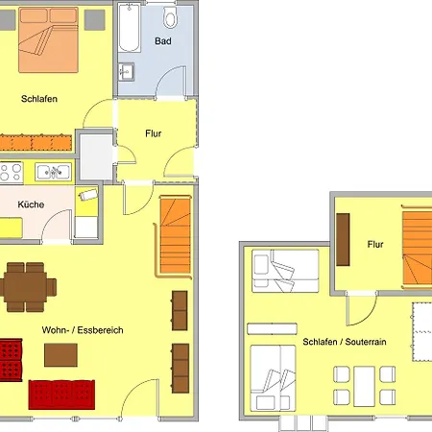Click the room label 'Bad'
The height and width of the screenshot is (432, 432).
(163, 41)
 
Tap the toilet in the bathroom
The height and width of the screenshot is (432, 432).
(170, 17)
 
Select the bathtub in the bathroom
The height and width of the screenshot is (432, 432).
(129, 28)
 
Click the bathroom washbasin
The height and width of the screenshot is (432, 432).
(126, 72)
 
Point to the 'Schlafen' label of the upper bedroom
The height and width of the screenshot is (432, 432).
(39, 99)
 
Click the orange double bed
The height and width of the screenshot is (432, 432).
(48, 40)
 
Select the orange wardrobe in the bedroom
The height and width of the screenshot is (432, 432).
(36, 143)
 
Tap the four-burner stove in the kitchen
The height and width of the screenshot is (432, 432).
(12, 173)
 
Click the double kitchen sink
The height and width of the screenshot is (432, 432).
(53, 172)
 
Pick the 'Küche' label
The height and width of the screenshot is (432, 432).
(31, 204)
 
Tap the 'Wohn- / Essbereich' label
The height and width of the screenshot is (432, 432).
(83, 330)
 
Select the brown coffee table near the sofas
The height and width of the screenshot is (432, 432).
(60, 355)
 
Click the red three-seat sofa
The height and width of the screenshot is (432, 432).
(61, 395)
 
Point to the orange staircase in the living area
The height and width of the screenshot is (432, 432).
(175, 236)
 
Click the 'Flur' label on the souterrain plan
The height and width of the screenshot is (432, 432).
(375, 245)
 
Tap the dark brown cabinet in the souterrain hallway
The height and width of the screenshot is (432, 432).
(343, 240)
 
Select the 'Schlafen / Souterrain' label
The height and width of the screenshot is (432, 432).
(345, 342)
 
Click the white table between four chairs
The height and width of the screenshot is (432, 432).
(364, 386)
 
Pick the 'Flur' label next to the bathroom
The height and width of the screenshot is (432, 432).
(154, 133)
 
